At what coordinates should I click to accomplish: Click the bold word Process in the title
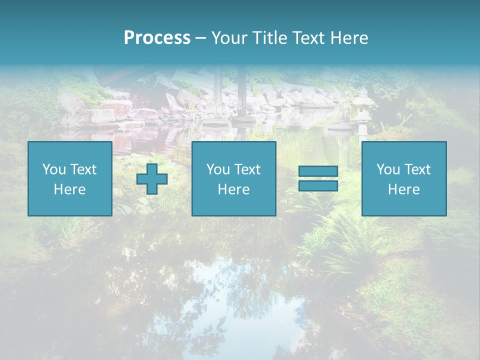(157, 38)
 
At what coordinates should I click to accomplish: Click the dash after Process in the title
(200, 38)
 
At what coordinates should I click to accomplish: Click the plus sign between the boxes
(152, 179)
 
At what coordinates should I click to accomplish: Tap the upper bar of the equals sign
(318, 171)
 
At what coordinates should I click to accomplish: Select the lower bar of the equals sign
(318, 185)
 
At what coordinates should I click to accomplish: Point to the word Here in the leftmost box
(69, 189)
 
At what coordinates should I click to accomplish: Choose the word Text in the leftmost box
(83, 169)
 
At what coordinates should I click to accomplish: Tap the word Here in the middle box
(233, 189)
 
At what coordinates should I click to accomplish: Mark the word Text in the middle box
(247, 169)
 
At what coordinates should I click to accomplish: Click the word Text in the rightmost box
(417, 169)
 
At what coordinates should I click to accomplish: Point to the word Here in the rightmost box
(403, 189)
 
